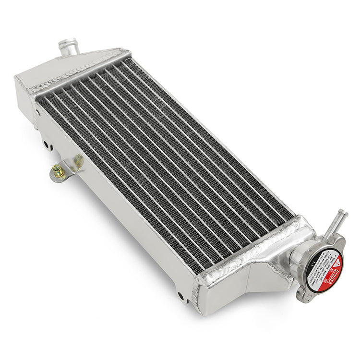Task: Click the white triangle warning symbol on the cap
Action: point(337,263)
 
